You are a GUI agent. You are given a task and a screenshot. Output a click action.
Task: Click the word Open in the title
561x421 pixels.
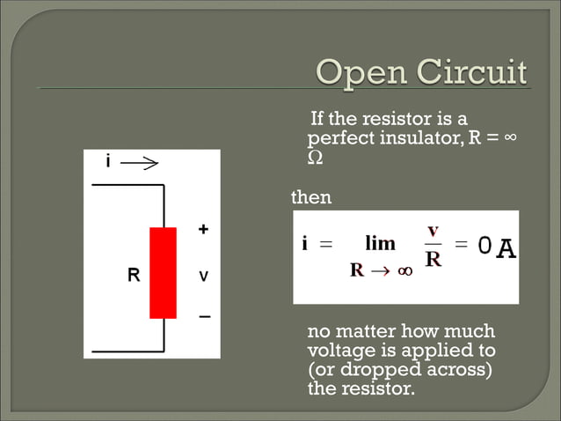356,72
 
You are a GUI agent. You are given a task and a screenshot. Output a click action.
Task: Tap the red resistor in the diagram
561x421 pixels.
163,272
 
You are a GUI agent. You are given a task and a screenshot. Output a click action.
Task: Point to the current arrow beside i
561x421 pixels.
138,163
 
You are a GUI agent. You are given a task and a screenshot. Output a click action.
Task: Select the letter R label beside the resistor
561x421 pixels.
133,275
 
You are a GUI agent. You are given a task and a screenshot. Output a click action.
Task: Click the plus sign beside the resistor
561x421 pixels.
203,230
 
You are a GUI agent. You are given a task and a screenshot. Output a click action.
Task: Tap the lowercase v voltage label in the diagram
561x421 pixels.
203,276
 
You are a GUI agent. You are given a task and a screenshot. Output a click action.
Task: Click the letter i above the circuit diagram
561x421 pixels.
108,162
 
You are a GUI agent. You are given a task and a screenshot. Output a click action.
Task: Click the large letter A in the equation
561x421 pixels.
506,250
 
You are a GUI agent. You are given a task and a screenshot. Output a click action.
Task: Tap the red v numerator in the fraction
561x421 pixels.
433,230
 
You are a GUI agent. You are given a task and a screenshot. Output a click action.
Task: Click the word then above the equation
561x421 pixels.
311,197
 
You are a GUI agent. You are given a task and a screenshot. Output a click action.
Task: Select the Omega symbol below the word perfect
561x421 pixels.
315,159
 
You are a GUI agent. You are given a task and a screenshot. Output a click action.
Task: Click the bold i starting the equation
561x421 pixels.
304,244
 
